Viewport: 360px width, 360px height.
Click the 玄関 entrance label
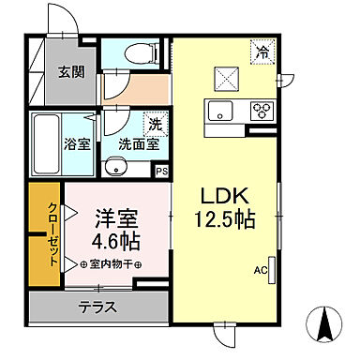click(70, 71)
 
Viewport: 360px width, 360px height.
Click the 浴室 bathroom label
click(76, 145)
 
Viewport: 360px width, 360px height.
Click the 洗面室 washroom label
click(138, 145)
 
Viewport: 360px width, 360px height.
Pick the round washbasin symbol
click(114, 169)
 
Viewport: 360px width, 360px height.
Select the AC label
click(260, 270)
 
